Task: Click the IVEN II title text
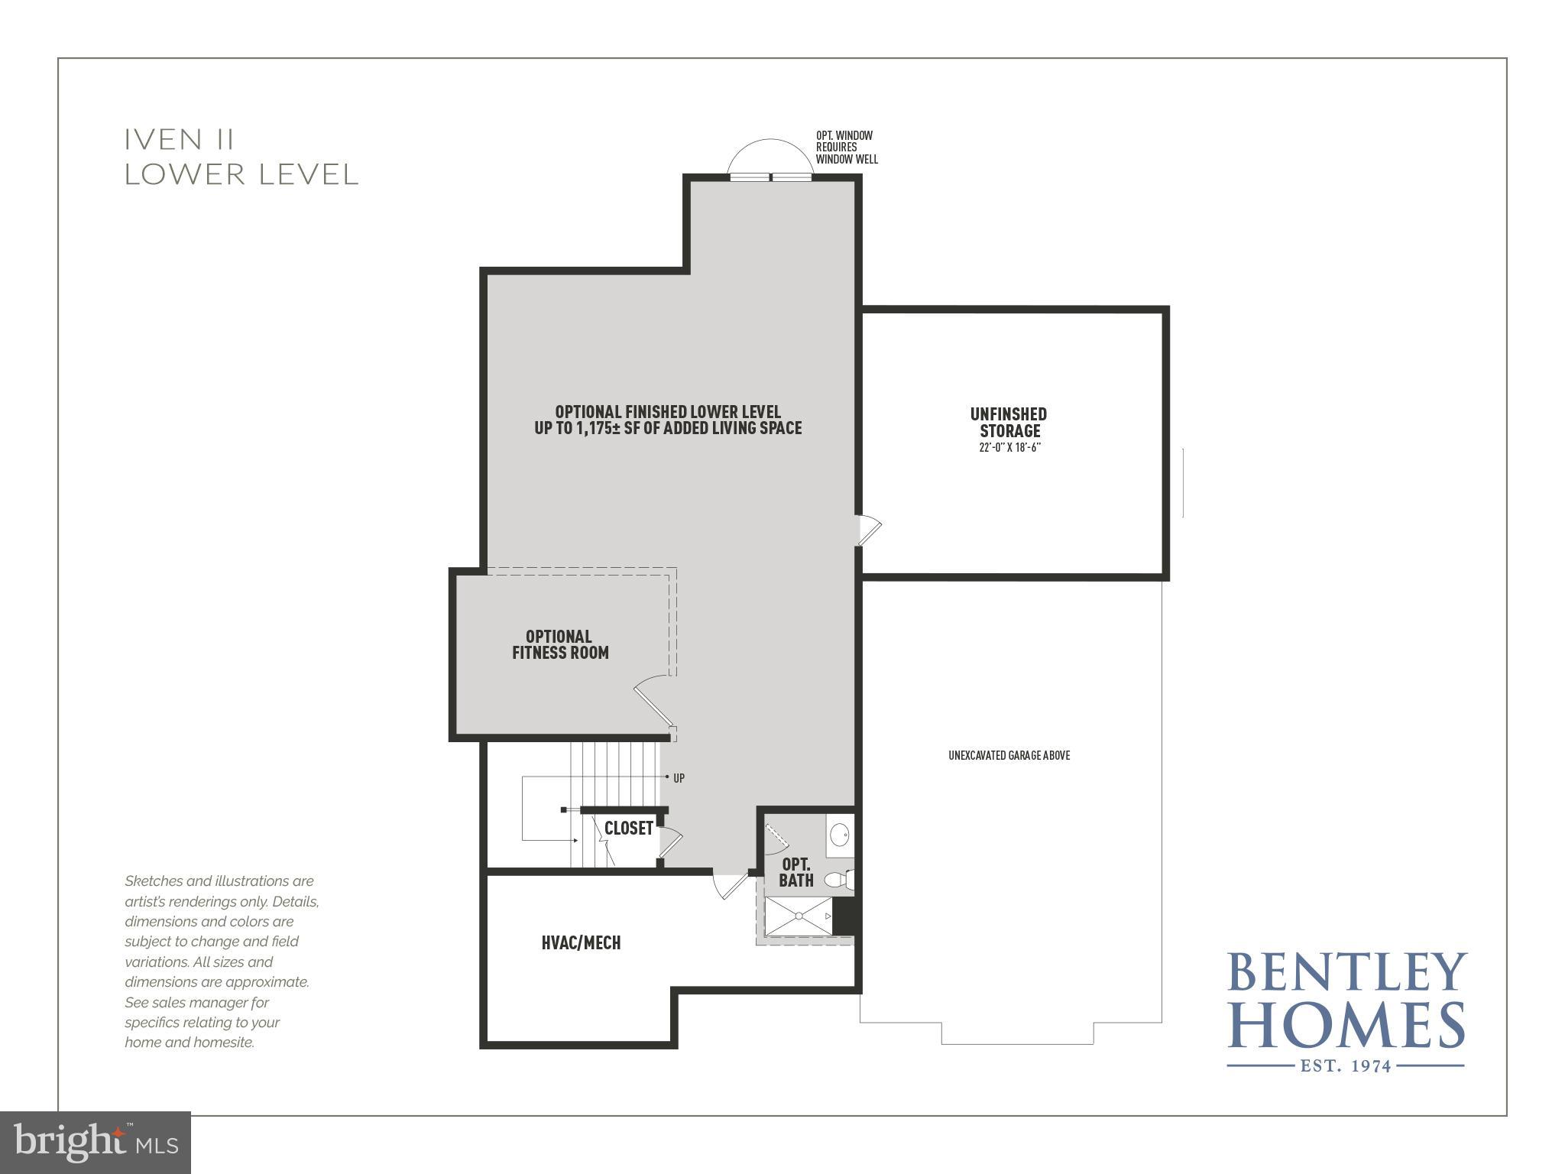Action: pos(180,140)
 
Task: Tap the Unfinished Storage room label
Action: pos(1009,423)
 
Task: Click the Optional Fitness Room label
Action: pos(560,644)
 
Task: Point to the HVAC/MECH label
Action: pos(581,943)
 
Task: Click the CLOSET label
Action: pos(628,829)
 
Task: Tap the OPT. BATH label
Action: pos(796,872)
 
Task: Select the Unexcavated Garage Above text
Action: pos(1009,756)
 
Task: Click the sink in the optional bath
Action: pos(840,834)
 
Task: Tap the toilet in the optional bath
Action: pos(838,880)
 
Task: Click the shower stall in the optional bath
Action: pos(799,916)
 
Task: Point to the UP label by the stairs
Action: pos(679,778)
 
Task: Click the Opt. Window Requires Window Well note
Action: pos(846,148)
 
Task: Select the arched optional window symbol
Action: pos(770,159)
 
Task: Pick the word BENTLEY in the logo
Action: pos(1346,972)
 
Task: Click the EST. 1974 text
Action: pos(1346,1065)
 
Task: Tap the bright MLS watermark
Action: pos(96,1143)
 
